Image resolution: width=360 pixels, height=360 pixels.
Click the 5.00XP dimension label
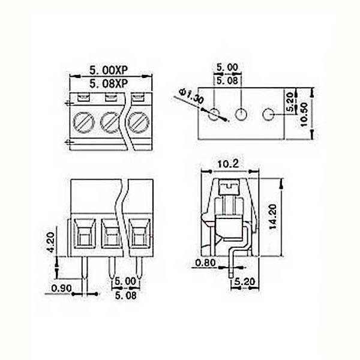click(x=108, y=70)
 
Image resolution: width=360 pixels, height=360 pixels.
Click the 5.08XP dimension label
click(x=108, y=83)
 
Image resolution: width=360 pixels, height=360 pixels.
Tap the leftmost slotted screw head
click(x=84, y=122)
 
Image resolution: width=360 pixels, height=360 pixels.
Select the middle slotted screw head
click(x=111, y=122)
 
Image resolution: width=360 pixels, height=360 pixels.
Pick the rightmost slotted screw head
click(x=139, y=122)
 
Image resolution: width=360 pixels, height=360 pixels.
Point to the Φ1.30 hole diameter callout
click(x=192, y=97)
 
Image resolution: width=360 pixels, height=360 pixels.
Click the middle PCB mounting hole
click(x=241, y=114)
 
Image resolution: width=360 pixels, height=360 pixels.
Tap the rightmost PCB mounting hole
click(x=268, y=114)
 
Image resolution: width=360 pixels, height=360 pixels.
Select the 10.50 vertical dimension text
click(x=304, y=114)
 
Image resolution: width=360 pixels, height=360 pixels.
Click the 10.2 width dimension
click(x=228, y=164)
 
